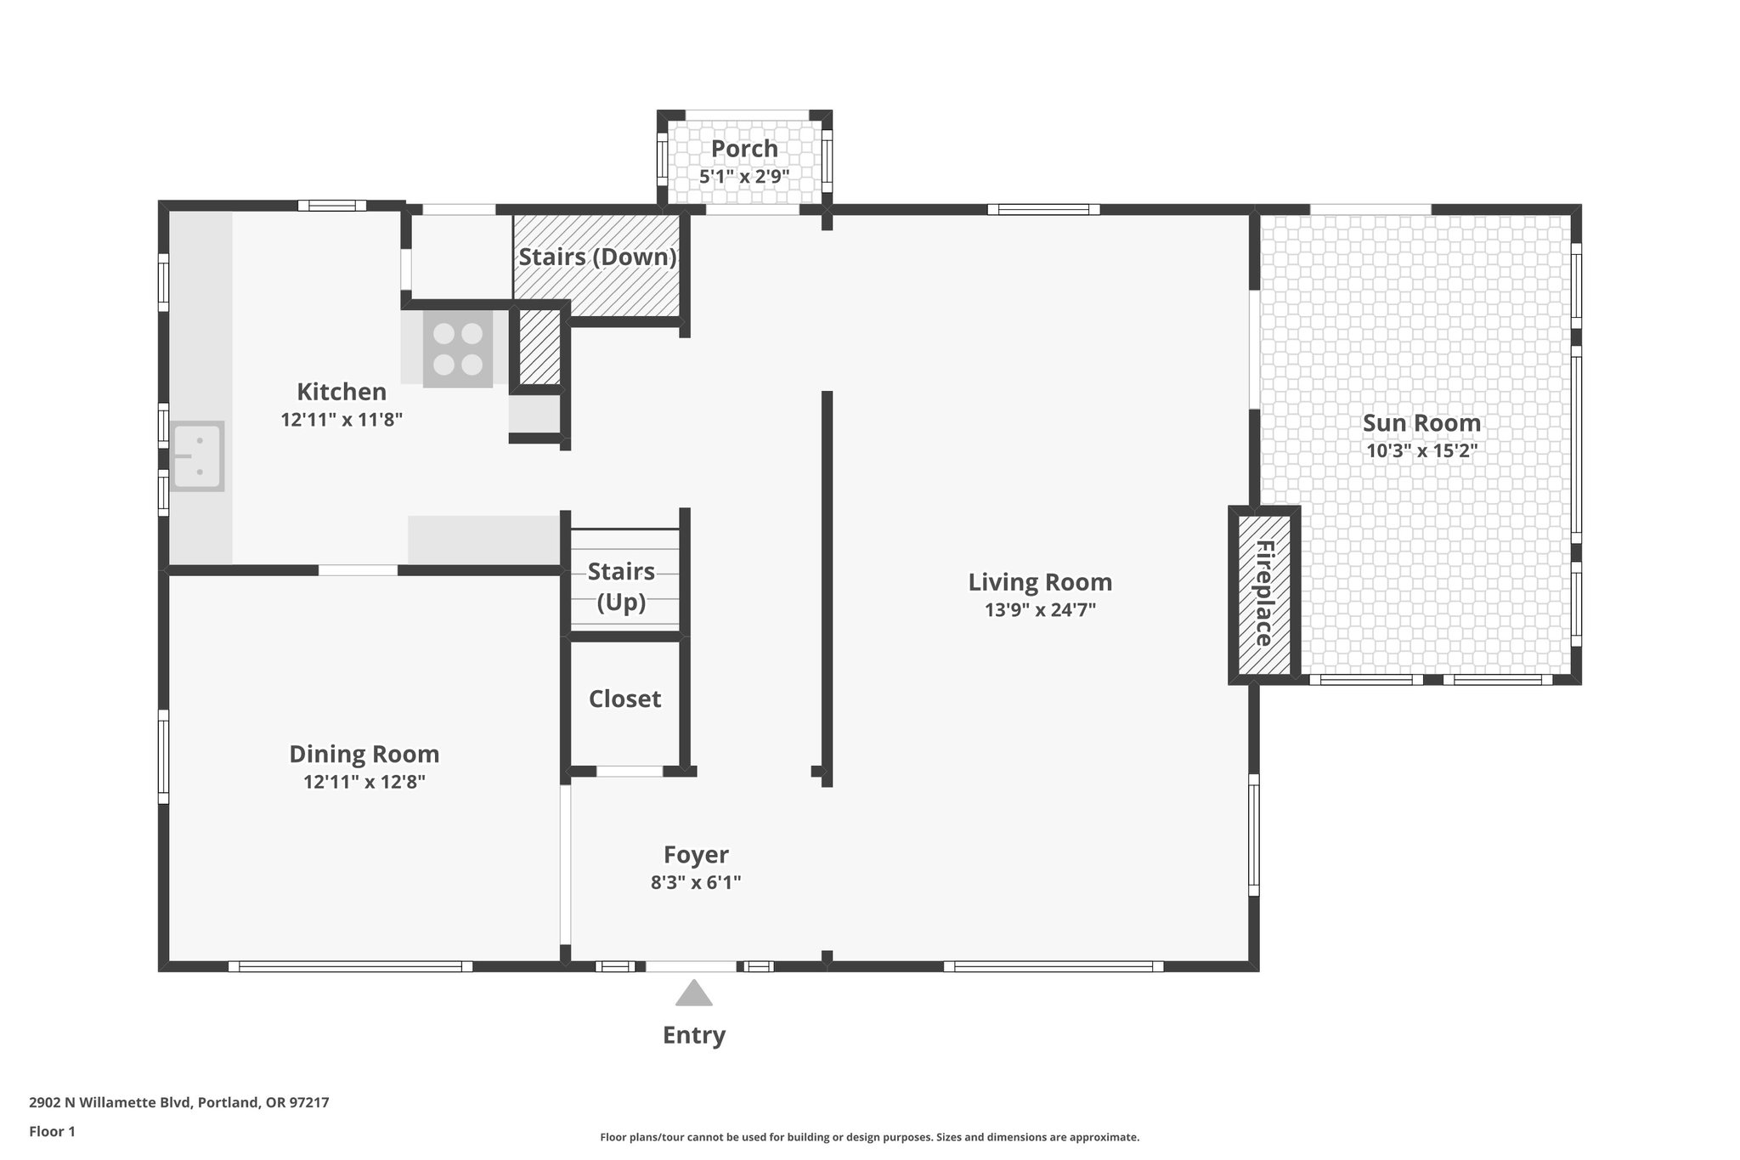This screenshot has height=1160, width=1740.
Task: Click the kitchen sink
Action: tap(197, 456)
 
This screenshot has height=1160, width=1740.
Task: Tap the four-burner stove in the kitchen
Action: tap(458, 349)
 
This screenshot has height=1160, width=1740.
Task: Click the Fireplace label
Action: tap(1264, 593)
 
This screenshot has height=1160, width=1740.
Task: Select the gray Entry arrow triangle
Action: tap(693, 993)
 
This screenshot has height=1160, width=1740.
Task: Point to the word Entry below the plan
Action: tap(694, 1035)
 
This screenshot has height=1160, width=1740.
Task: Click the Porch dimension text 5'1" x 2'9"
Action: tap(744, 177)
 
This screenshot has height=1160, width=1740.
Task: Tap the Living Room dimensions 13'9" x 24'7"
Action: tap(1040, 609)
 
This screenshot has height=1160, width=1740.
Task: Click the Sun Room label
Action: tap(1421, 422)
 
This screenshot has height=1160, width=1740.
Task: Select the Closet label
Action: tap(624, 699)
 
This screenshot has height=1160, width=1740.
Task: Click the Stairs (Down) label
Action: tap(598, 257)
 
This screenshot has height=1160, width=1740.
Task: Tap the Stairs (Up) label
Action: tap(621, 586)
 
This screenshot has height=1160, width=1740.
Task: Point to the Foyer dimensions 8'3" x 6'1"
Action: tap(696, 882)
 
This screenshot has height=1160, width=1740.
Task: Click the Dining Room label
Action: tap(364, 754)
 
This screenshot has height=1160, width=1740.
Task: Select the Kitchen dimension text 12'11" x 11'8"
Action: tap(342, 419)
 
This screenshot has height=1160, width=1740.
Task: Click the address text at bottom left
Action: tap(179, 1103)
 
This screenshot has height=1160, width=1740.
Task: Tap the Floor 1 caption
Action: tap(53, 1131)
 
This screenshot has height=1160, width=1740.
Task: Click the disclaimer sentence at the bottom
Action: tap(870, 1137)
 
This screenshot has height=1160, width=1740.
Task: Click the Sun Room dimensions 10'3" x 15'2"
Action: tap(1421, 450)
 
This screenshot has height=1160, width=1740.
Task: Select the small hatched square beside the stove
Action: tap(540, 348)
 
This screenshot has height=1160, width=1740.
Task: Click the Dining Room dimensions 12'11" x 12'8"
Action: tap(364, 782)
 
